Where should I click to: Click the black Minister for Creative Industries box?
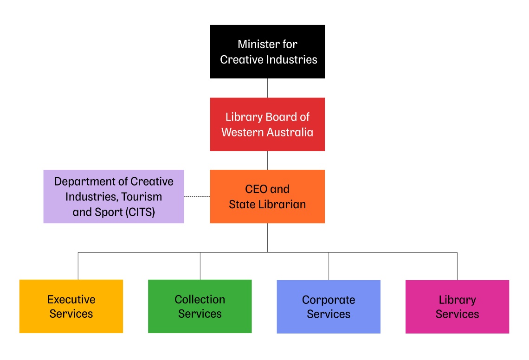click(267, 51)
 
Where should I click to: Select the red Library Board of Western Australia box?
click(267, 124)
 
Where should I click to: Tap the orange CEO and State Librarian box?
click(267, 196)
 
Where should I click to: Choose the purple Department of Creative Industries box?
click(114, 196)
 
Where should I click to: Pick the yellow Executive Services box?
click(71, 306)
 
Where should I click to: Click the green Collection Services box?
click(200, 306)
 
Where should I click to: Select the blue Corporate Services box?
click(329, 306)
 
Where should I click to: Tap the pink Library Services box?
click(457, 306)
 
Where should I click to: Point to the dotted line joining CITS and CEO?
click(197, 196)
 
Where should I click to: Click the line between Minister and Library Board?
click(267, 88)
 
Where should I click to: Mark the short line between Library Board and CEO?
click(267, 160)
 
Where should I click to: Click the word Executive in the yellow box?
click(71, 300)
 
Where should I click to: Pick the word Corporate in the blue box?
click(329, 300)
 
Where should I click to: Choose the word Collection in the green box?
click(200, 300)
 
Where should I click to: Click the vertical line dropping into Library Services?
click(457, 266)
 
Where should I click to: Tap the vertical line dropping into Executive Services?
click(78, 266)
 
